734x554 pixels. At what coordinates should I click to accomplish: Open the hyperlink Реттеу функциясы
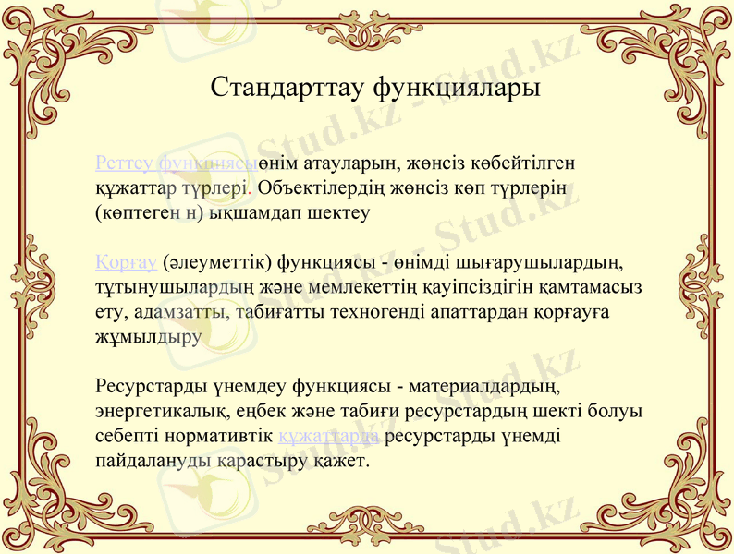point(177,163)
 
